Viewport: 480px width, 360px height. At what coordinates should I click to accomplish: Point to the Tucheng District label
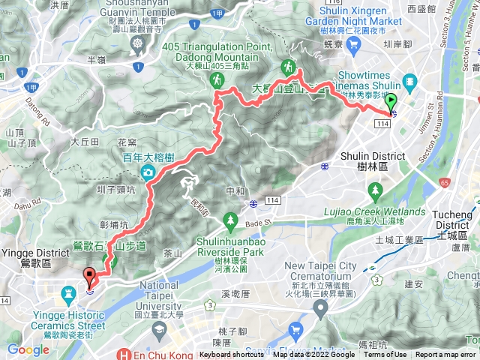pyautogui.click(x=453, y=219)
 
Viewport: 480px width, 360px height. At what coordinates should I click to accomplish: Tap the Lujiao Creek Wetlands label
pyautogui.click(x=381, y=216)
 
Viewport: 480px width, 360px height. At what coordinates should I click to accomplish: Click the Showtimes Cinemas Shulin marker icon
pyautogui.click(x=410, y=81)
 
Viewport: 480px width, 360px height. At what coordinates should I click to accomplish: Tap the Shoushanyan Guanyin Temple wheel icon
pyautogui.click(x=138, y=44)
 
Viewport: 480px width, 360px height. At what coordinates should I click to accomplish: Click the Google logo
pyautogui.click(x=28, y=349)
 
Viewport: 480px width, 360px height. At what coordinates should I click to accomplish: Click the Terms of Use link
pyautogui.click(x=385, y=355)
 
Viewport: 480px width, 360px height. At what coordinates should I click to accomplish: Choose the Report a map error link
pyautogui.click(x=445, y=355)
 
